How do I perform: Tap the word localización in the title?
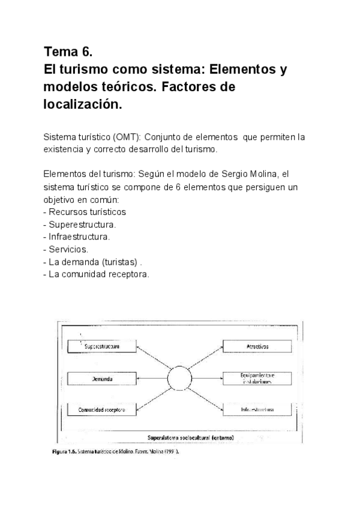[82, 104]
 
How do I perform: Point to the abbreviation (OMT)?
[125, 137]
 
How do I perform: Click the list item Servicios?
[68, 249]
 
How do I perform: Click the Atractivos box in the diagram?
[257, 346]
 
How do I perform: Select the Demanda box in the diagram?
[102, 379]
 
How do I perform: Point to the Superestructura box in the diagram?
[102, 347]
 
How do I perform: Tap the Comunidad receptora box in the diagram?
[102, 411]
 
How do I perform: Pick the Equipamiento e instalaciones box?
[257, 379]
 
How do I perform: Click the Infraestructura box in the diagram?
[257, 411]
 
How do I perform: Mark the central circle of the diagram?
[179, 379]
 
